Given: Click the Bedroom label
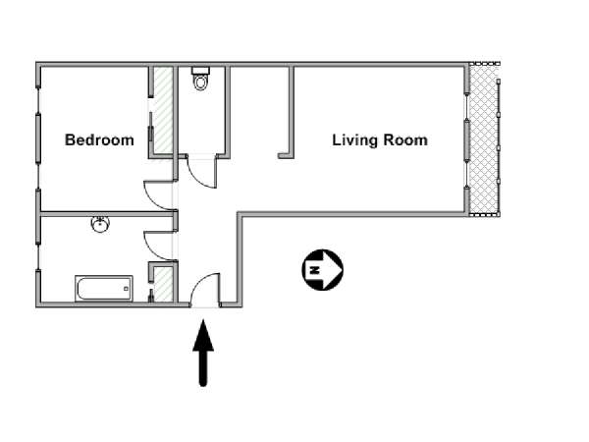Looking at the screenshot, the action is point(99,140).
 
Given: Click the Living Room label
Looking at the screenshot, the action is point(380,140).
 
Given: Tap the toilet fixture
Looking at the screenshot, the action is point(200,79).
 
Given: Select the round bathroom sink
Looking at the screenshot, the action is point(101,224).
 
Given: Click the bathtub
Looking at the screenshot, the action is point(104,288).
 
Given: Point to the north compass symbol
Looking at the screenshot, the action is point(323,270).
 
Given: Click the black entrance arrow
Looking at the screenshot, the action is point(203,353).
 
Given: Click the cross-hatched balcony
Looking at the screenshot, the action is point(484,139).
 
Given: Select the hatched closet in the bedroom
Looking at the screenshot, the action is point(164,110).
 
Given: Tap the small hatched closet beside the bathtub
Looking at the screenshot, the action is point(164,284).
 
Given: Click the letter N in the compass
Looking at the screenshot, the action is point(314,270).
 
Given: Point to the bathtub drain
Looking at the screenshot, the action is point(127,289).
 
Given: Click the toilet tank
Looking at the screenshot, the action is point(200,71).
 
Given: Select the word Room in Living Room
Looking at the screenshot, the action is point(405,140).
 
